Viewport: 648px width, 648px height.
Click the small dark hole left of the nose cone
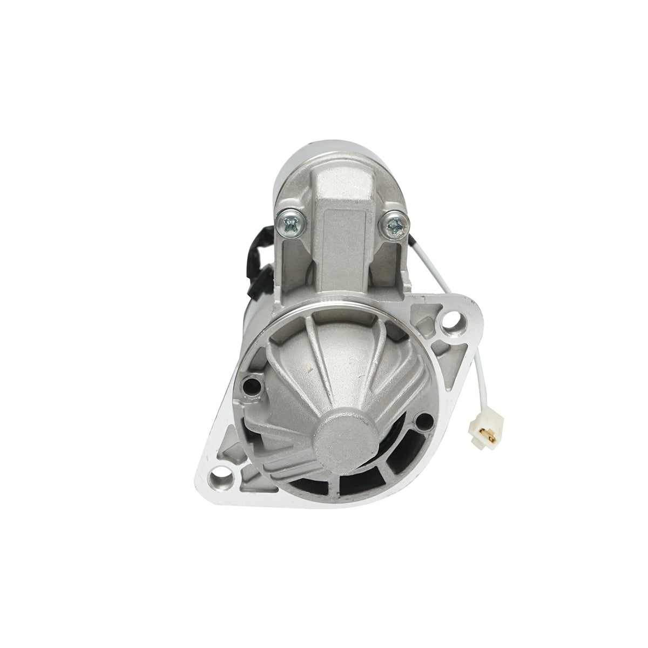click(x=250, y=386)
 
